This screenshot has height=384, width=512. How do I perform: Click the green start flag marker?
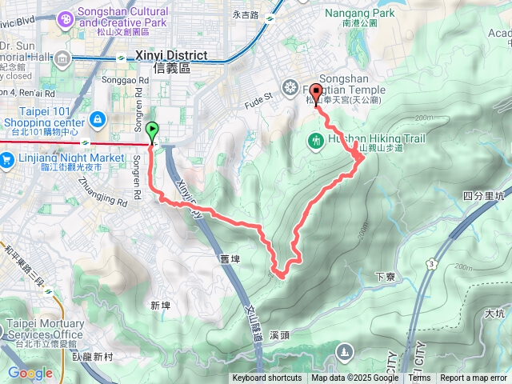[152, 129]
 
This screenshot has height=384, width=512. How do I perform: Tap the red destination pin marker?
[316, 93]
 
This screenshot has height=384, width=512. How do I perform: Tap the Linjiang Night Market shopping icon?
[6, 158]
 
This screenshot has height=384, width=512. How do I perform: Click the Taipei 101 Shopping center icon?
[97, 120]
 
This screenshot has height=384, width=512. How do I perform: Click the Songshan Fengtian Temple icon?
[291, 87]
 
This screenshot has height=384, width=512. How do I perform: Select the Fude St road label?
[258, 96]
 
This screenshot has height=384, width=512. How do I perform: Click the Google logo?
[30, 373]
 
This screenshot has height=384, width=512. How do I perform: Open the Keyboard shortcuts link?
[267, 378]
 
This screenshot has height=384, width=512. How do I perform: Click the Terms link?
[419, 378]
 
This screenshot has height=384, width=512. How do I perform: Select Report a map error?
[474, 378]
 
